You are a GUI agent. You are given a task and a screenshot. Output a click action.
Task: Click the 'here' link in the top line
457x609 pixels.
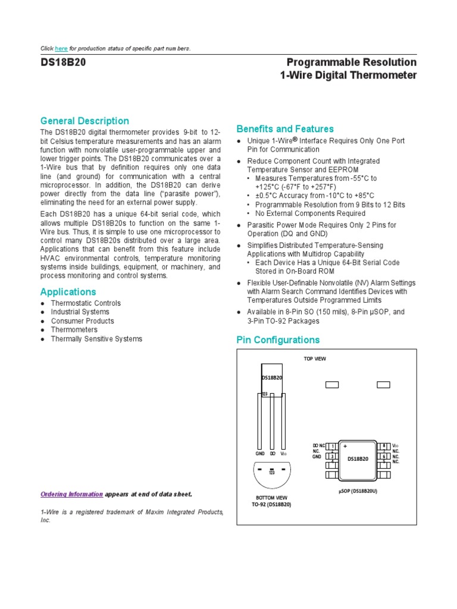click(x=61, y=48)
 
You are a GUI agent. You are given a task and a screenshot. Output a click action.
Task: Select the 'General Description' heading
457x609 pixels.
click(x=84, y=121)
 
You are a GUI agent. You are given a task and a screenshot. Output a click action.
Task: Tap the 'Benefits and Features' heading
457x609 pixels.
click(x=285, y=128)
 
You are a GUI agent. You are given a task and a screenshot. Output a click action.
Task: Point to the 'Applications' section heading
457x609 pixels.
click(x=68, y=291)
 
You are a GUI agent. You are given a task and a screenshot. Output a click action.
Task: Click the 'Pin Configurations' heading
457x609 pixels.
click(x=278, y=340)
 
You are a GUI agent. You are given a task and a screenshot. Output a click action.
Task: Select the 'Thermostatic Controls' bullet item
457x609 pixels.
click(x=86, y=303)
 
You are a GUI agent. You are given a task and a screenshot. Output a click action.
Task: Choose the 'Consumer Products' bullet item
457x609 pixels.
click(x=82, y=321)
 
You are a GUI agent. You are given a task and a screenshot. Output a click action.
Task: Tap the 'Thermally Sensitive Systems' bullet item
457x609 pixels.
click(x=96, y=338)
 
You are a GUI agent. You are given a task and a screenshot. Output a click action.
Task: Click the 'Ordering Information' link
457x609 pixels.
click(x=71, y=494)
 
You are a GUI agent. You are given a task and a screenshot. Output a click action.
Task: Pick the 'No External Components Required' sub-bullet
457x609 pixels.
click(x=310, y=213)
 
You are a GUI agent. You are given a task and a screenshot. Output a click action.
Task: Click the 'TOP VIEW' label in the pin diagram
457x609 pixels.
click(x=315, y=359)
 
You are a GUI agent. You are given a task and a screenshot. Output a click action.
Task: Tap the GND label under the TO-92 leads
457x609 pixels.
click(x=259, y=453)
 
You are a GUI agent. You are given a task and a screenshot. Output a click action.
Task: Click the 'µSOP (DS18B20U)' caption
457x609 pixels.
click(x=358, y=491)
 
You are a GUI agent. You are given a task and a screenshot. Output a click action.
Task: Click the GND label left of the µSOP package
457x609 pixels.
click(x=317, y=457)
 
